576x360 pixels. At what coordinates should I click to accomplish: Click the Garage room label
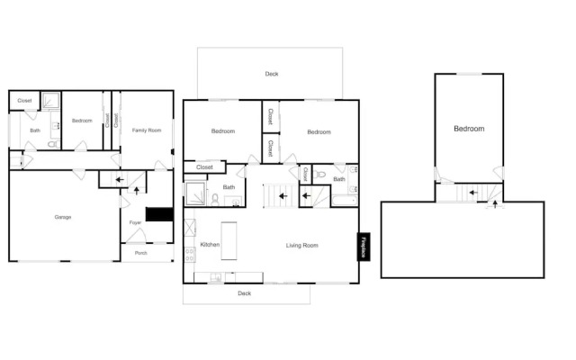[x=63, y=217]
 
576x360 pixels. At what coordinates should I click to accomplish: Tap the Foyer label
[x=135, y=222]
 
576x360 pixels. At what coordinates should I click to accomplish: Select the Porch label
[x=140, y=253]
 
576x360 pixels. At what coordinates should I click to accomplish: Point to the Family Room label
[x=147, y=130]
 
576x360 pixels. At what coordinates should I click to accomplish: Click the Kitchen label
[x=210, y=245]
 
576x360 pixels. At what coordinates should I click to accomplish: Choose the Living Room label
[x=302, y=246]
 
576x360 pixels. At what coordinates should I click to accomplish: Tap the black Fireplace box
[x=364, y=247]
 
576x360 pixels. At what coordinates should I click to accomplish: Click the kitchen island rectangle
[x=229, y=240]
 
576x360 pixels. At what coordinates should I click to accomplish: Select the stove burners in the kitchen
[x=190, y=255]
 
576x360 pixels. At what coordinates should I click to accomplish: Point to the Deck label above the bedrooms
[x=272, y=74]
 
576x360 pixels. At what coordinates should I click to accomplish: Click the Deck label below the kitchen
[x=244, y=293]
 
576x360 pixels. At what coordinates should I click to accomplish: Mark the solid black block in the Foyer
[x=160, y=214]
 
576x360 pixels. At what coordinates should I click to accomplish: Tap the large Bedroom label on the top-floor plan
[x=469, y=129]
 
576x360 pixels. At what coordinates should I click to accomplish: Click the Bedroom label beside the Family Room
[x=82, y=121]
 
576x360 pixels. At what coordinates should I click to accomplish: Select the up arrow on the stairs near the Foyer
[x=136, y=191]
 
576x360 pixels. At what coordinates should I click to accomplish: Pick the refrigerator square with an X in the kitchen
[x=190, y=228]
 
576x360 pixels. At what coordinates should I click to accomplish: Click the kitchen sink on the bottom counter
[x=216, y=277]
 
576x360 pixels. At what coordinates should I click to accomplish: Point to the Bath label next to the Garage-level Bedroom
[x=35, y=130]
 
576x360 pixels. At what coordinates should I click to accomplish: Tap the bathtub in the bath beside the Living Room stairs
[x=344, y=201]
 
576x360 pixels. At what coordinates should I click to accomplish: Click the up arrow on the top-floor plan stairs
[x=495, y=204]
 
